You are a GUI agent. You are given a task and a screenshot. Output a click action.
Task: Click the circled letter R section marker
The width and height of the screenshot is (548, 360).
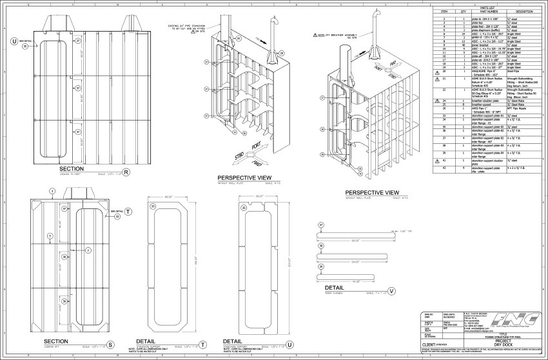click(x=127, y=172)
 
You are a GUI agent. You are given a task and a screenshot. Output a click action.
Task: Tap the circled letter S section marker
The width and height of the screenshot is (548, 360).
click(x=110, y=345)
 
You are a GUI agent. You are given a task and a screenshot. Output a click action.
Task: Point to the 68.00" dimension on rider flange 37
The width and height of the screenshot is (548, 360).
click(x=354, y=241)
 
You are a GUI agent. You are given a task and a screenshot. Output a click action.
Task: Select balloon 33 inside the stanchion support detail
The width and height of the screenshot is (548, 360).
click(x=152, y=206)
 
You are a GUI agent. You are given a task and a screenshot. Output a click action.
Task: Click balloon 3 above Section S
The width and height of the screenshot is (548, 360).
click(x=52, y=192)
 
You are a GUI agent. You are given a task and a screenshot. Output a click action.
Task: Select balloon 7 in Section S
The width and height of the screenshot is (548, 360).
click(x=89, y=250)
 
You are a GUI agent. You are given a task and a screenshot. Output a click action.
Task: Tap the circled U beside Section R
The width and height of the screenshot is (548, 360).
click(x=14, y=41)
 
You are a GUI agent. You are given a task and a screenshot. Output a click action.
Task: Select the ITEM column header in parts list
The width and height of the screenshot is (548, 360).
click(x=444, y=12)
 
